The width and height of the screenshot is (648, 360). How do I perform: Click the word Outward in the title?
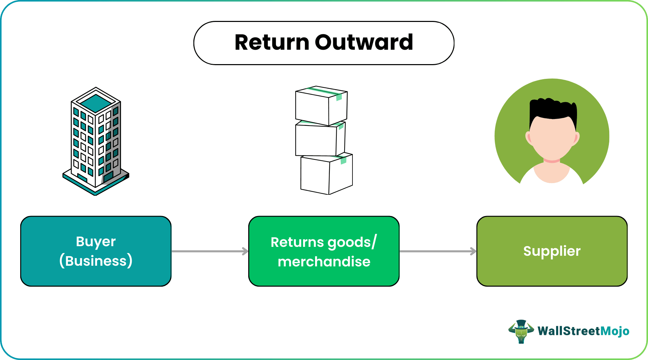(364, 43)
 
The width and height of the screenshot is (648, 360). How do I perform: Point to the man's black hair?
(553, 108)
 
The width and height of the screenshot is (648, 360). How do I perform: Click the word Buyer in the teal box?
(96, 241)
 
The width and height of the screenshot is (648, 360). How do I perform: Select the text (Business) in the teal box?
(96, 261)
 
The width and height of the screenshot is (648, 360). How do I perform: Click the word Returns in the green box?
(297, 242)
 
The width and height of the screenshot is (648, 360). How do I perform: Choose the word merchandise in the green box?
(324, 262)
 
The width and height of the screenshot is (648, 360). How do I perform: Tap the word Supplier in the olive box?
(552, 251)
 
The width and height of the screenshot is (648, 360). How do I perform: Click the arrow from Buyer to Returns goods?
(209, 251)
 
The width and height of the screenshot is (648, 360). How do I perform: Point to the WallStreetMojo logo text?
(583, 331)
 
